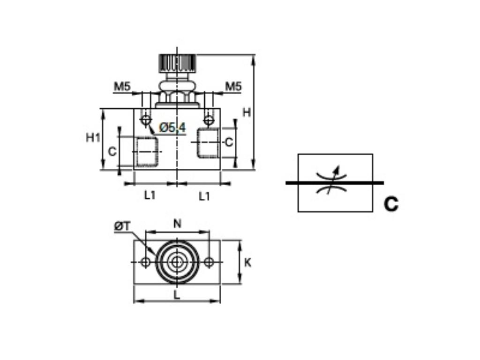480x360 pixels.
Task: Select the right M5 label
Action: pyautogui.click(x=233, y=86)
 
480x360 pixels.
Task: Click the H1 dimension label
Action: pyautogui.click(x=93, y=137)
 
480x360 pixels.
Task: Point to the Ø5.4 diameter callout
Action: pyautogui.click(x=172, y=127)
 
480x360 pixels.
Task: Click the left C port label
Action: pyautogui.click(x=112, y=151)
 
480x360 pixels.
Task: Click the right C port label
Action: pyautogui.click(x=228, y=142)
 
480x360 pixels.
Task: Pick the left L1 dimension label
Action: pyautogui.click(x=150, y=196)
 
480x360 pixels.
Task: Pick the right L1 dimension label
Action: pyautogui.click(x=204, y=196)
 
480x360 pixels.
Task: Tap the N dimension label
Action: pyautogui.click(x=177, y=224)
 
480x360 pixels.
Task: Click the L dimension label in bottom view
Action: pyautogui.click(x=177, y=295)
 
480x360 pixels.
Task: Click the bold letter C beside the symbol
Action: pyautogui.click(x=391, y=204)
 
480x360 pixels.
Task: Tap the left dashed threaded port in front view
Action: pyautogui.click(x=147, y=152)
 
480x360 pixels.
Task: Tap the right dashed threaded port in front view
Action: pyautogui.click(x=208, y=143)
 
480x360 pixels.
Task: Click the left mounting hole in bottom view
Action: pyautogui.click(x=146, y=262)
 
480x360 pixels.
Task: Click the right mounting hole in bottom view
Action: pyautogui.click(x=209, y=262)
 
